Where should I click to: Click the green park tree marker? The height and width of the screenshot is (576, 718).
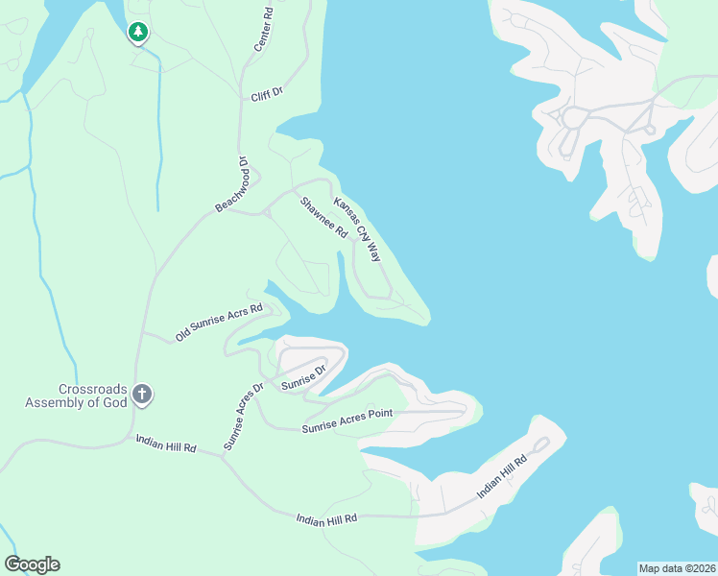pos(138,33)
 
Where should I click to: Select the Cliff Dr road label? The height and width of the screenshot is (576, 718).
pos(267,94)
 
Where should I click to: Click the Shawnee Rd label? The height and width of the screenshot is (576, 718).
pos(323,217)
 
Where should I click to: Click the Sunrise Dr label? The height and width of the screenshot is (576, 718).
pos(305,375)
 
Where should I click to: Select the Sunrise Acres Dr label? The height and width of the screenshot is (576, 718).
pos(244,417)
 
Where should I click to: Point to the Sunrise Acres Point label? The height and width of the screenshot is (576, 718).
pos(347,420)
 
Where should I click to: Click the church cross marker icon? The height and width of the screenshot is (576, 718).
pos(142,393)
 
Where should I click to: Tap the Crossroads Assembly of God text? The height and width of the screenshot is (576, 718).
pos(75,396)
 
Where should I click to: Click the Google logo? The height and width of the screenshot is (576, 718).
pos(32,564)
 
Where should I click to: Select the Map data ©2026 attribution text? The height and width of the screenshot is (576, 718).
pos(676,567)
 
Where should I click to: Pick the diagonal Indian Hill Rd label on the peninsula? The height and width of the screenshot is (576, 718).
pos(503,477)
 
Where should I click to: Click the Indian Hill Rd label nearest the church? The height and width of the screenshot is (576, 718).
pos(166,443)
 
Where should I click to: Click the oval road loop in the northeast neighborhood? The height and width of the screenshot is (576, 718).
pos(574,119)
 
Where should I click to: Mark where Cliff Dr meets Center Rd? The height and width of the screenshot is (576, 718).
pos(242,94)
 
